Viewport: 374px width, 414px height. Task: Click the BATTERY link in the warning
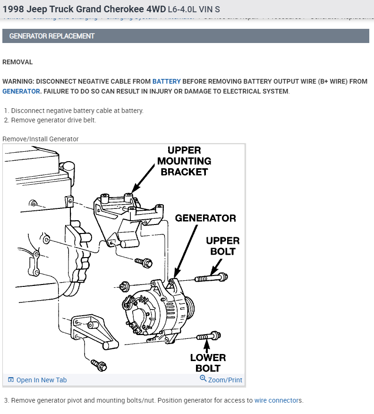tap(167, 81)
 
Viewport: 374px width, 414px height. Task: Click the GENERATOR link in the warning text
tap(21, 91)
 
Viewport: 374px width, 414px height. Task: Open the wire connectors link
tap(278, 400)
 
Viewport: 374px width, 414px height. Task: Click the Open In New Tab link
tap(42, 380)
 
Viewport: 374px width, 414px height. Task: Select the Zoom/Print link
tap(225, 380)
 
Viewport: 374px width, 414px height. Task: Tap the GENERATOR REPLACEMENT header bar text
tap(52, 36)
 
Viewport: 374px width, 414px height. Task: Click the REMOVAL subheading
tap(17, 62)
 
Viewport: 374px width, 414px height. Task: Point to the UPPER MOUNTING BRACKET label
tap(184, 161)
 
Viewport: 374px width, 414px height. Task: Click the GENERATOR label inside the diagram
tap(205, 218)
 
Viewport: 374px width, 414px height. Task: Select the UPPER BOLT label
tap(223, 246)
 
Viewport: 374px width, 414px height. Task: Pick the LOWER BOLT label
tap(208, 362)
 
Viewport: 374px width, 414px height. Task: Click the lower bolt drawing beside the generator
tap(208, 336)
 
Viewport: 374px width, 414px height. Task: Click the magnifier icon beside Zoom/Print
tap(203, 379)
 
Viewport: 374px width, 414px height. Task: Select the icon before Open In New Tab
tap(11, 380)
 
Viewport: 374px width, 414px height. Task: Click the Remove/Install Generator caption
tap(41, 139)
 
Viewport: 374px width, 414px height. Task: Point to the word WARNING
tap(18, 81)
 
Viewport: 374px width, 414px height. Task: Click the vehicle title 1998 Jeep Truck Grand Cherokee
tap(80, 9)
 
